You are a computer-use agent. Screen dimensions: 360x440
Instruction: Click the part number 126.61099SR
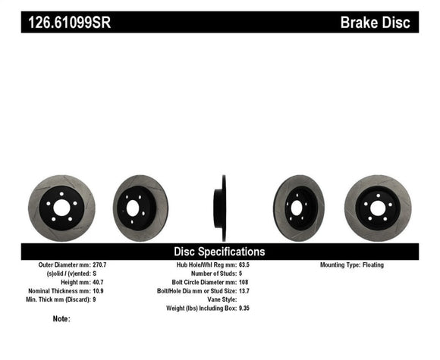(70, 23)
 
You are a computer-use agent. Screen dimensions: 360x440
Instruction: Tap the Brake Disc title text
(376, 23)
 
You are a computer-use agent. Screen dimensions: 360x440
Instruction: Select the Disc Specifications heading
(219, 252)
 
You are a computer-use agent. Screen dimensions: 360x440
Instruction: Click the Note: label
(61, 319)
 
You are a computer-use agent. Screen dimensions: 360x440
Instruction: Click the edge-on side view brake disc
(221, 208)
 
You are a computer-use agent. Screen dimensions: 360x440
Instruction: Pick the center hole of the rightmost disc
(377, 208)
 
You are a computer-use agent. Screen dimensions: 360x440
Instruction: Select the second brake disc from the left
(140, 208)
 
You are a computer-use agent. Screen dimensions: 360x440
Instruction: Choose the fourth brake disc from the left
(299, 208)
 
